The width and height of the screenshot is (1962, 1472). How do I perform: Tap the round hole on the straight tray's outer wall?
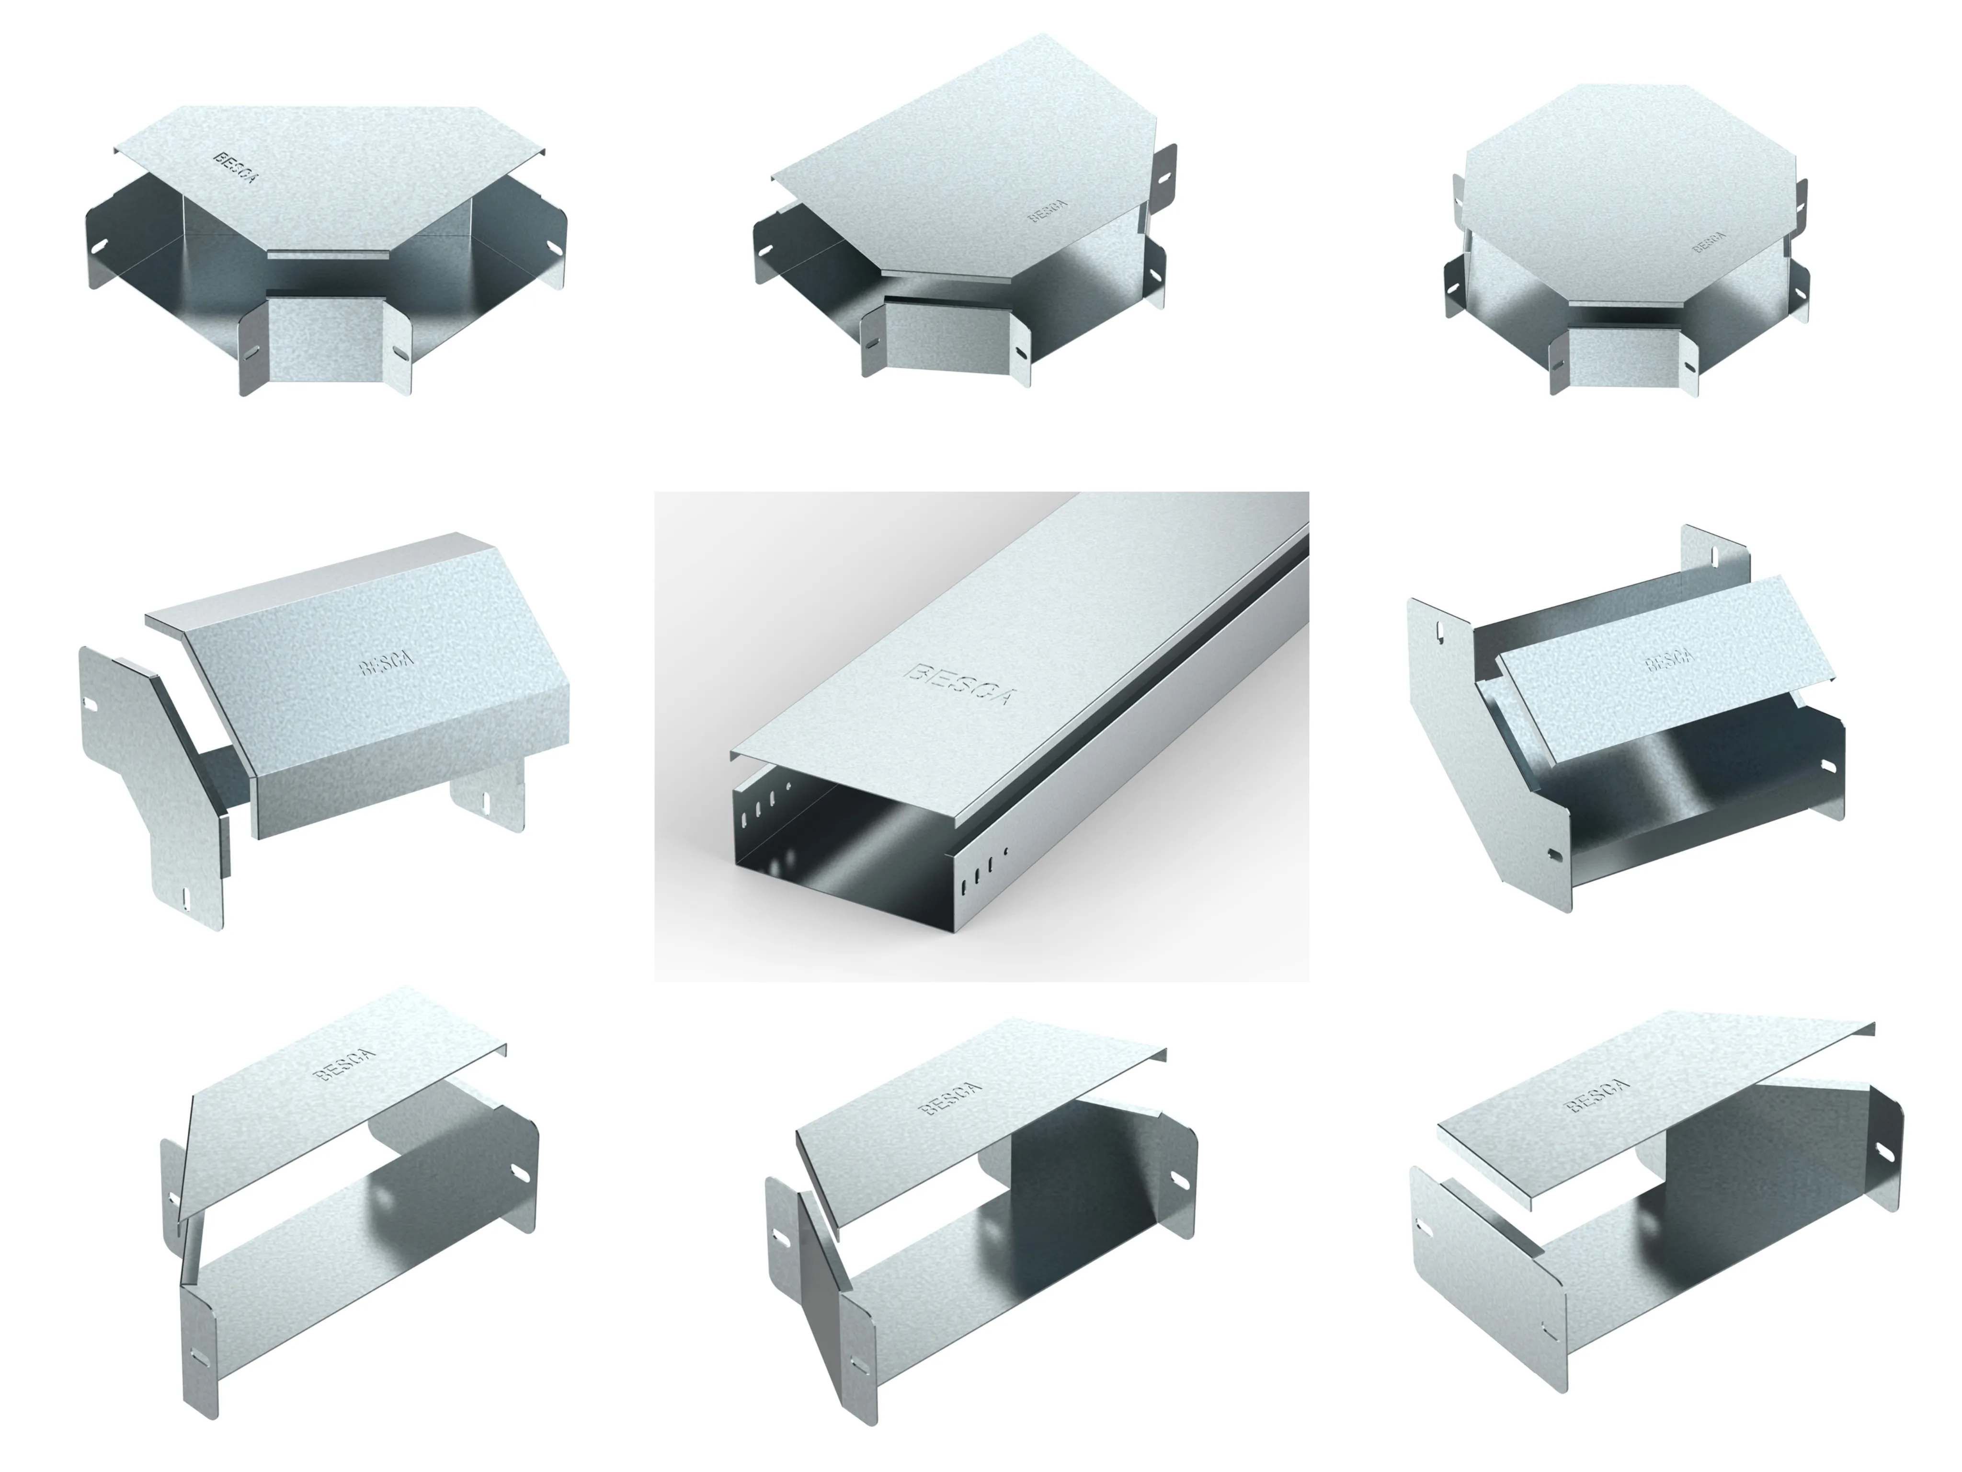coord(1005,852)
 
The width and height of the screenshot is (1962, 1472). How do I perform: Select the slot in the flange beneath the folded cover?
coord(487,801)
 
